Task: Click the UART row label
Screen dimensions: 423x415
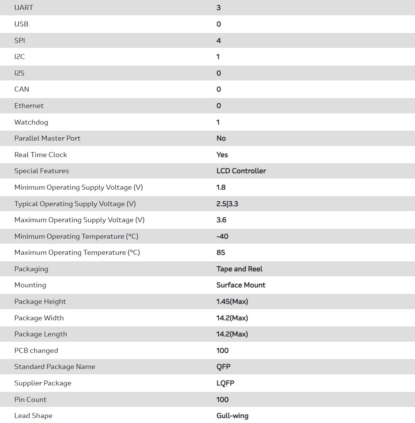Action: click(x=24, y=8)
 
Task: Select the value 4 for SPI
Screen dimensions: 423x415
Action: click(x=219, y=40)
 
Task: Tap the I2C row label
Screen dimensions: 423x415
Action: click(x=20, y=57)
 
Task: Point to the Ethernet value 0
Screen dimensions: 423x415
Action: click(x=219, y=106)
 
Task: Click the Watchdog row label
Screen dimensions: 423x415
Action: click(x=31, y=122)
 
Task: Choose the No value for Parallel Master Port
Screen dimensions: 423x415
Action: click(x=221, y=138)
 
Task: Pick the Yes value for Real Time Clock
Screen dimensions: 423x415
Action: click(x=222, y=155)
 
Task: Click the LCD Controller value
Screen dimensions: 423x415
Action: click(x=241, y=171)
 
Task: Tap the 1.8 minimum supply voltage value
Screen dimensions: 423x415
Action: click(x=221, y=187)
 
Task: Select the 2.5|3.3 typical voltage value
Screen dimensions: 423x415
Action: click(x=227, y=204)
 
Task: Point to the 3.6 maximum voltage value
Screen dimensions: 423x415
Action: click(x=221, y=220)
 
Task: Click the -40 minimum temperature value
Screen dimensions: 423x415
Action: click(x=222, y=236)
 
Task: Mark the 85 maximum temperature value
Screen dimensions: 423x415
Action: click(x=221, y=252)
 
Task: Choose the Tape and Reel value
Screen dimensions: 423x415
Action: click(x=239, y=269)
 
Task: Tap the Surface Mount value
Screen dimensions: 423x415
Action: click(x=241, y=285)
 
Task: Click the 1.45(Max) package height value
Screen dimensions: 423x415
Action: click(x=232, y=302)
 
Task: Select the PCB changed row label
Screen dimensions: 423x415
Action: click(x=36, y=351)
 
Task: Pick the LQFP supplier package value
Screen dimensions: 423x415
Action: click(x=225, y=383)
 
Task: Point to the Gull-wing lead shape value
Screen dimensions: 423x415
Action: click(x=232, y=416)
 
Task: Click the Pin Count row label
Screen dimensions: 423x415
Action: click(x=30, y=400)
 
